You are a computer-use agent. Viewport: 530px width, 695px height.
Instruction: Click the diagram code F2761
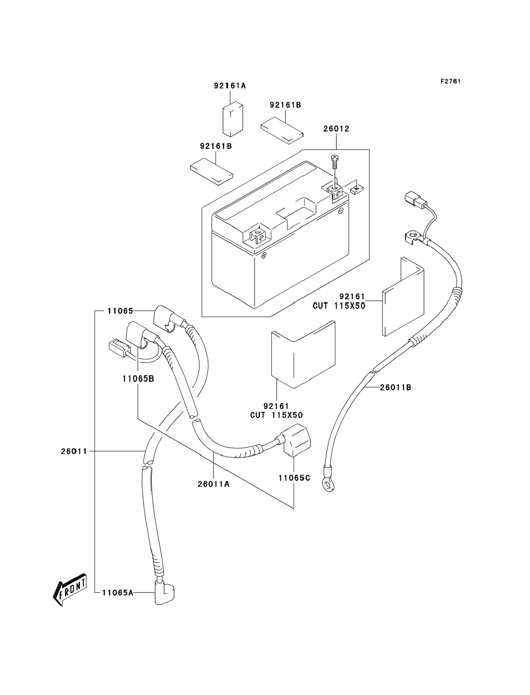(x=450, y=81)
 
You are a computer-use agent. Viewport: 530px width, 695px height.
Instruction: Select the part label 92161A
(x=230, y=86)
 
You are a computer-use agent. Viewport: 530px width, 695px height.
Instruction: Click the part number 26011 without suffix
(x=74, y=452)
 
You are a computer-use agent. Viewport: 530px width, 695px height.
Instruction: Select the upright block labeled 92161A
(x=233, y=119)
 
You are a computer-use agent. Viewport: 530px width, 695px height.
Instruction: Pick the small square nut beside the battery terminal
(x=356, y=189)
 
